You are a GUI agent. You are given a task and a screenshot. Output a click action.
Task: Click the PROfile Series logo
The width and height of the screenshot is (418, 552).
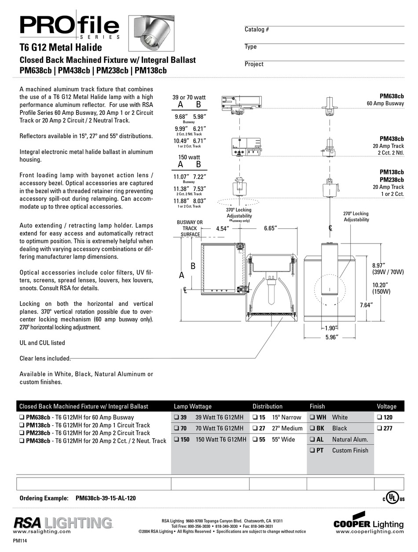69,26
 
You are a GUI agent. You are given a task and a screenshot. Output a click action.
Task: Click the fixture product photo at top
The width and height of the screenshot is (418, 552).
151,33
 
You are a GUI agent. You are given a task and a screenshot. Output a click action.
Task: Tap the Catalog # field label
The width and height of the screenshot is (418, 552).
257,29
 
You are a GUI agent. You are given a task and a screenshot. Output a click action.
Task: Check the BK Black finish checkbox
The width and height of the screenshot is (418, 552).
312,428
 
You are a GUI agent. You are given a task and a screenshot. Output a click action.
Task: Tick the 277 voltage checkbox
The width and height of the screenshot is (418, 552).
379,428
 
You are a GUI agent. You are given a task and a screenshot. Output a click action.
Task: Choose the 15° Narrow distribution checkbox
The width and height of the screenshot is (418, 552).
255,417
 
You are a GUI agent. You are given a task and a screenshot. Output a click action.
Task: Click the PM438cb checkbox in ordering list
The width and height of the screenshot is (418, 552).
22,441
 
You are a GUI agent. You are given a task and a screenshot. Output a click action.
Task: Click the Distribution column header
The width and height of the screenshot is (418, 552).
268,406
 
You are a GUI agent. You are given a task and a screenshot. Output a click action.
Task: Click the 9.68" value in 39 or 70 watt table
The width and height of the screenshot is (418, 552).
181,117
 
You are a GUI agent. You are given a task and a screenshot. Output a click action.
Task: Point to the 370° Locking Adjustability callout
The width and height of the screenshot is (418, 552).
239,213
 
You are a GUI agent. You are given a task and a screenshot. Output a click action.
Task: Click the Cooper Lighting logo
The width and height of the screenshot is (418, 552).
369,521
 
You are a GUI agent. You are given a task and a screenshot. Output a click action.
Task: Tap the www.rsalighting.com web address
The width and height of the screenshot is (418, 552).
42,531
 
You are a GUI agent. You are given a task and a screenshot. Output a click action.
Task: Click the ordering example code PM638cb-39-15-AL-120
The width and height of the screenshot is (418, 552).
106,498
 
